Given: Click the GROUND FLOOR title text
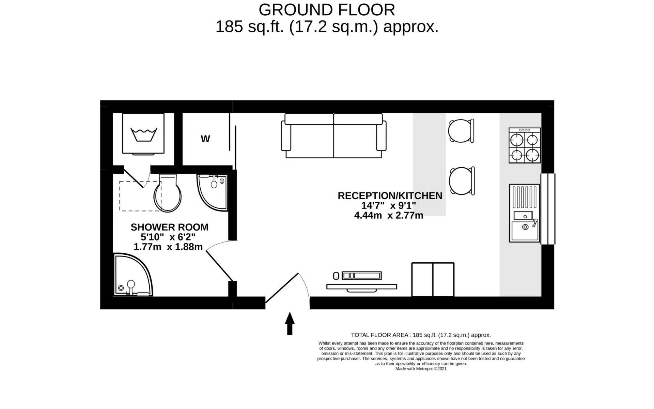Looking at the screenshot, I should coord(327,10).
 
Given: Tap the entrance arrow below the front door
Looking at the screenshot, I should coord(290,324).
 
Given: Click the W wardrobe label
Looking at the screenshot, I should coord(205,139).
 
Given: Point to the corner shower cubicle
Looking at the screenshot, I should coord(131,276).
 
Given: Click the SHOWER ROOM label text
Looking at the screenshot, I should coord(169,227).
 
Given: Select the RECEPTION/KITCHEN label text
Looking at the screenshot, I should coord(390,196).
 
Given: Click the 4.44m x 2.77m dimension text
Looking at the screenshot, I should coord(389,216).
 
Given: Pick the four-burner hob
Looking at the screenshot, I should coord(525,146).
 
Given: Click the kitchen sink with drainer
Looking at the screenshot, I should coord(525,213).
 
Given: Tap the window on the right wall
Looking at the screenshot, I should coord(547,209).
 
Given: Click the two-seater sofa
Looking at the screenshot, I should coord(333,136).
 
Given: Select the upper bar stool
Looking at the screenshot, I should coord(461,130).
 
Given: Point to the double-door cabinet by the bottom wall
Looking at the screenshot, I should coord(433,280).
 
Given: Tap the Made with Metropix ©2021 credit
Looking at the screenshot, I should coord(421,369).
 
